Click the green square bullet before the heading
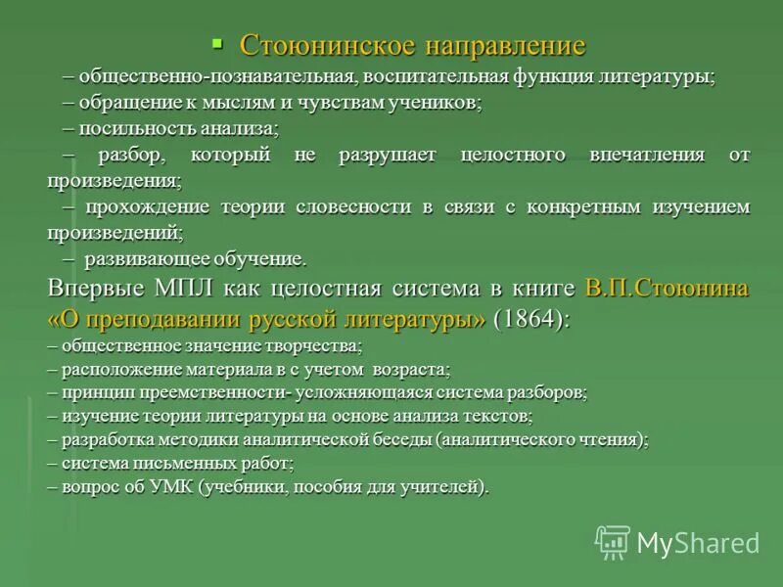218,42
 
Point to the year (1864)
530,320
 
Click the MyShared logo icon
613,541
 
